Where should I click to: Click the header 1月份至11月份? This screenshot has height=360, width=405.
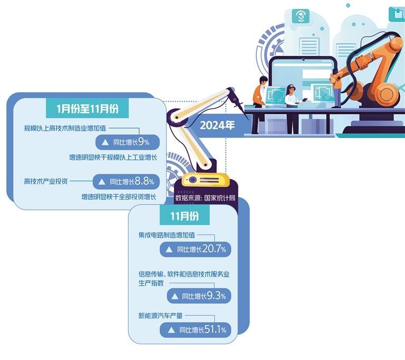(x=85, y=109)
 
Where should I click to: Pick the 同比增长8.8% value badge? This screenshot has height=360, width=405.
(x=126, y=181)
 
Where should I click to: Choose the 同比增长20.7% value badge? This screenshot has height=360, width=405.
(x=196, y=249)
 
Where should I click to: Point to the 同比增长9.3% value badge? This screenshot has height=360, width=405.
(x=198, y=296)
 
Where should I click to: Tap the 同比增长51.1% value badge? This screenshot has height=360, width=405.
(x=196, y=330)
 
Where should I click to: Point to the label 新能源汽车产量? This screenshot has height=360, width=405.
(x=160, y=315)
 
